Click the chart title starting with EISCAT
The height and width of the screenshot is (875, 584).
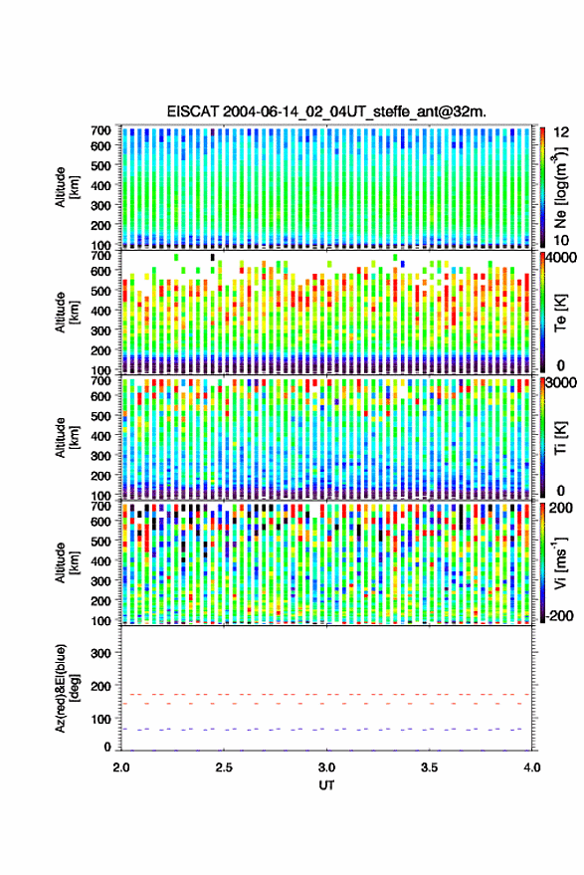326,111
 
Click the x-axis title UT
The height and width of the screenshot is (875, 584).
326,785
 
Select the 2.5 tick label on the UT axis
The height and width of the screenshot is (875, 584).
224,767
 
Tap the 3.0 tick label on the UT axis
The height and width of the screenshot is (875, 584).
326,767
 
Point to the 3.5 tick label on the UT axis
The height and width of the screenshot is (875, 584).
429,767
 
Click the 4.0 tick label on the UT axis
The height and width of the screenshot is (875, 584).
531,767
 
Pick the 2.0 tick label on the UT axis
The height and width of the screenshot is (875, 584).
121,767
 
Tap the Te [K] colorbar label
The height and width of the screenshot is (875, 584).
560,313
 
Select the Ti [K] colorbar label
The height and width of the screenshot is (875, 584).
560,438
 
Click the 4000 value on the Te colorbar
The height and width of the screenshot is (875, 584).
561,259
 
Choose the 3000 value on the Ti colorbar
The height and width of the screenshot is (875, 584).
561,383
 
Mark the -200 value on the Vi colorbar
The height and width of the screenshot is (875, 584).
559,616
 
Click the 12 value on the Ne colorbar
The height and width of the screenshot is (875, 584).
562,132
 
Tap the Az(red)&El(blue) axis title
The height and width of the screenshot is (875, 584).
68,688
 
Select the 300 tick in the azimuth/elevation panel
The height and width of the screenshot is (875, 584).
100,653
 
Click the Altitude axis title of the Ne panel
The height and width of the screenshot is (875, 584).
67,187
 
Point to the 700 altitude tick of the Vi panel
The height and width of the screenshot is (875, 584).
100,506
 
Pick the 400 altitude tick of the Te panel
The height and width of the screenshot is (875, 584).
100,311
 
